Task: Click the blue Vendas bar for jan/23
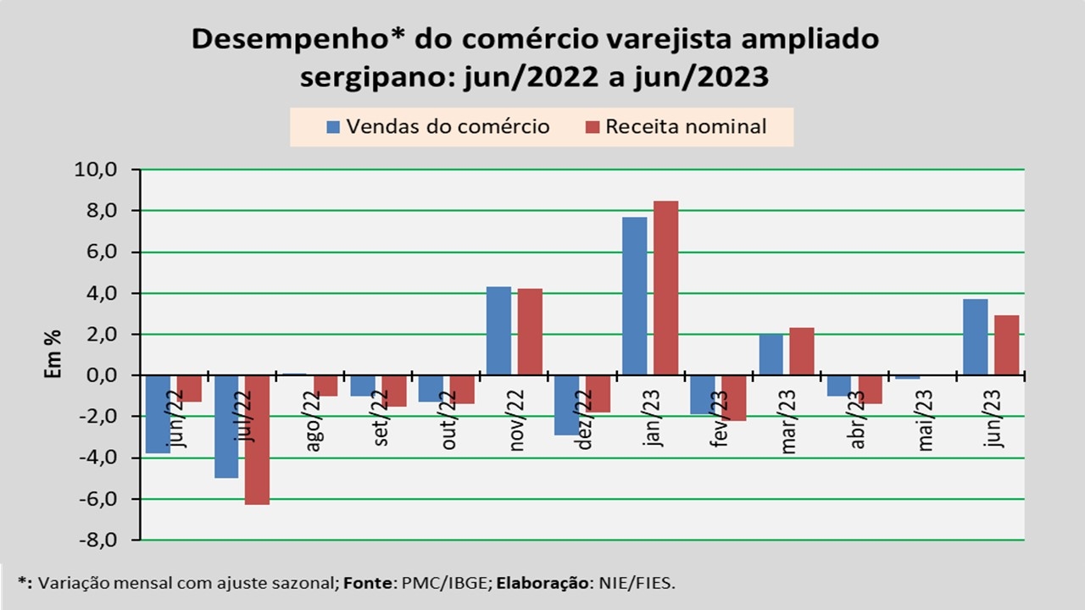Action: click(634, 296)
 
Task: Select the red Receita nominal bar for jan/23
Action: click(665, 288)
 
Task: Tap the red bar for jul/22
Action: click(257, 440)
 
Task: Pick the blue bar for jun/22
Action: click(158, 414)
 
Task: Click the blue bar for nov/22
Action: click(498, 331)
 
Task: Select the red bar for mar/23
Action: click(802, 352)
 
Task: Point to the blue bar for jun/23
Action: click(975, 337)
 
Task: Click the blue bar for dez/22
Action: click(566, 405)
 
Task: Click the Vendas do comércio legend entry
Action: click(438, 127)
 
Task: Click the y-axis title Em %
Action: click(53, 355)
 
